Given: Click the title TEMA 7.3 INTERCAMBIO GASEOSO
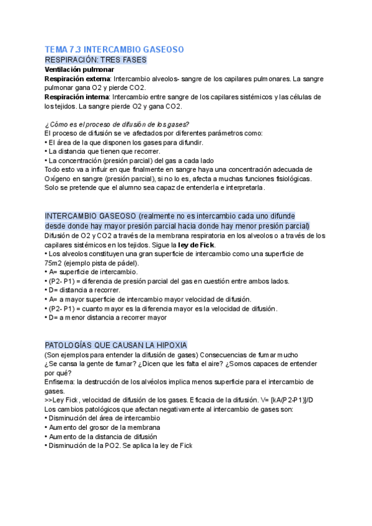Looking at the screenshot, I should click(114, 49).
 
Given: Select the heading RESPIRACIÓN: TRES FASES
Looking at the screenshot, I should click(95, 60).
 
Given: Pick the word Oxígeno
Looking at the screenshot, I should click(59, 178).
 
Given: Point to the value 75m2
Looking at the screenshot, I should click(55, 262).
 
